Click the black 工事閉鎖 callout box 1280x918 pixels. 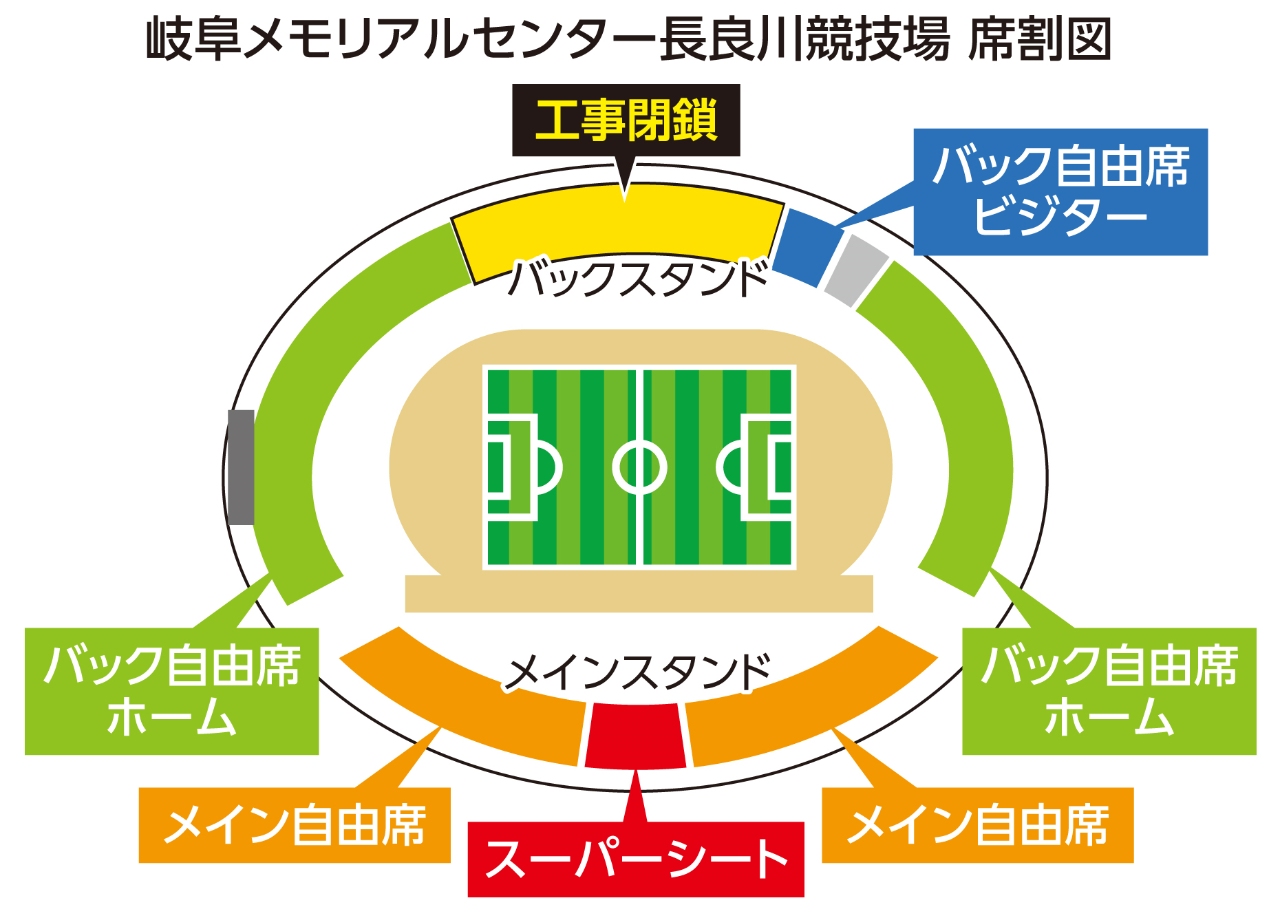click(x=626, y=120)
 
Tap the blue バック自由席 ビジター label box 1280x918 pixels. click(x=1060, y=191)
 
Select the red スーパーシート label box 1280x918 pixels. click(x=635, y=859)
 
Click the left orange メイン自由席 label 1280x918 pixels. click(x=295, y=824)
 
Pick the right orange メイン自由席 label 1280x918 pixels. click(x=977, y=824)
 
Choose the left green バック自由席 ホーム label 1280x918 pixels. click(x=171, y=691)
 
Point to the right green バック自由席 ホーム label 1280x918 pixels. click(x=1109, y=691)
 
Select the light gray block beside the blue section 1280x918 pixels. click(x=856, y=270)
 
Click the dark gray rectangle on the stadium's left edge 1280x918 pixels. click(x=241, y=467)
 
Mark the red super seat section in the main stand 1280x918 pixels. click(x=635, y=735)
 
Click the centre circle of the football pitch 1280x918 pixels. click(x=639, y=467)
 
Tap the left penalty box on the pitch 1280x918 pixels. click(x=511, y=467)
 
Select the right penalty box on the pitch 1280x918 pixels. click(x=767, y=467)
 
